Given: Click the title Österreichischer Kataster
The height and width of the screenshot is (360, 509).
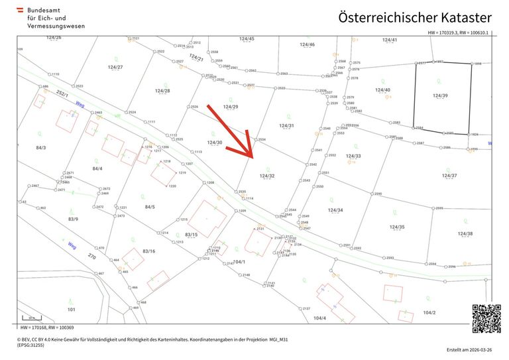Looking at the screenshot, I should click(x=415, y=17).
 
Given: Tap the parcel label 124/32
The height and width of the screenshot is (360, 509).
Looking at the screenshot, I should click(x=267, y=176).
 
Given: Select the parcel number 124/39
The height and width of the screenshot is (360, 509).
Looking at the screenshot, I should click(x=440, y=95).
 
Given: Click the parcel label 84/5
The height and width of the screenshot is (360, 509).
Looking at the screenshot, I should click(x=150, y=207).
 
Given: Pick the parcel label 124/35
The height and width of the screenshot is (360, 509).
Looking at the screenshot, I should click(x=397, y=227).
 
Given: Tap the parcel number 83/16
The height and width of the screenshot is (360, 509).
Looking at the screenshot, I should click(x=149, y=251).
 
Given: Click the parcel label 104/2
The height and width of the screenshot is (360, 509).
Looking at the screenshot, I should click(x=429, y=312).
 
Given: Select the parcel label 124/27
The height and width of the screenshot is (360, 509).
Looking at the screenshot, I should click(x=115, y=67).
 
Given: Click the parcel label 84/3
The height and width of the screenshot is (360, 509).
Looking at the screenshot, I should click(x=41, y=147).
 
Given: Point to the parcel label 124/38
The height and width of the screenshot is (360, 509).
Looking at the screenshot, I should click(x=465, y=233).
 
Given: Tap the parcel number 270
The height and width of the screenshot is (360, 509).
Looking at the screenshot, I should click(x=92, y=256).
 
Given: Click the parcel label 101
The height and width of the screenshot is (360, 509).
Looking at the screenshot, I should click(x=71, y=309).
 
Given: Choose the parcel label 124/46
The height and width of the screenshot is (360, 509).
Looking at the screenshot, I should click(x=307, y=44).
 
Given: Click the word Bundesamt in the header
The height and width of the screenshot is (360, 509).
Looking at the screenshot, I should click(x=44, y=11).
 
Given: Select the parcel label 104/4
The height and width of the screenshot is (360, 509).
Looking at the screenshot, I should click(x=320, y=318).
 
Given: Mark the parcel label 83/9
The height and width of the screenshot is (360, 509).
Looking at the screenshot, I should click(x=73, y=219).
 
